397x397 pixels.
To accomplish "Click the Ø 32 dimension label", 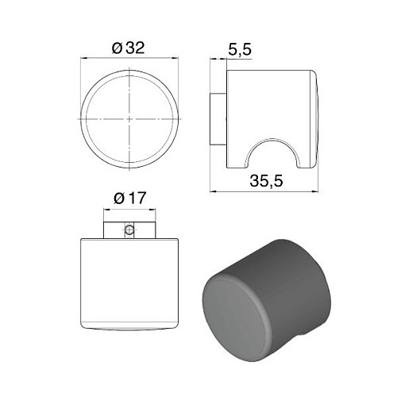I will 129,48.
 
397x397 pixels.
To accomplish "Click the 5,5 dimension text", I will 239,50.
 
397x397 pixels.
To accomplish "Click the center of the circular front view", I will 129,119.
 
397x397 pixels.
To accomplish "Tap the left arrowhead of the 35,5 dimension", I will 212,191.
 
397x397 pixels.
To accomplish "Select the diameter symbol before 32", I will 117,48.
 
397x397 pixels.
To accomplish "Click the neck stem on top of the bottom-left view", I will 129,229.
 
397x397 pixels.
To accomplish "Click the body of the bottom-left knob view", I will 129,282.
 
